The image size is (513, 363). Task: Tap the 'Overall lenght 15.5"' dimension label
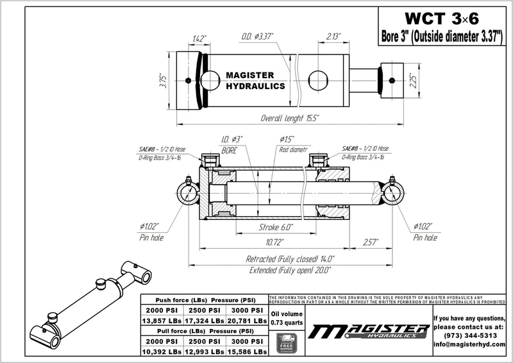click(290, 119)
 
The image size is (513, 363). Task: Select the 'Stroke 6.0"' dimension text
click(274, 228)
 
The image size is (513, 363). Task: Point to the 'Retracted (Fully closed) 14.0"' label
click(290, 260)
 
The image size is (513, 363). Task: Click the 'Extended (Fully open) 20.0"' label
click(290, 271)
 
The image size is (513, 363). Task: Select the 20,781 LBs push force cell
click(247, 319)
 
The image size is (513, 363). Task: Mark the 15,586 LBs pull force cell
click(247, 352)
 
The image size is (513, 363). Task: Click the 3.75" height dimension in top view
click(164, 80)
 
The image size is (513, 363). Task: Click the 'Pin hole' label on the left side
click(152, 237)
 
